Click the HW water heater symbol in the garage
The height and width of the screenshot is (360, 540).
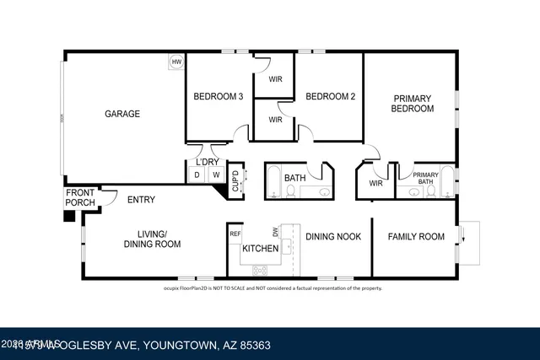click(176, 62)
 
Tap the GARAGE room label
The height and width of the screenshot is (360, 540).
click(122, 114)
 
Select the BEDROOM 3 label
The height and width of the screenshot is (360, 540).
click(219, 96)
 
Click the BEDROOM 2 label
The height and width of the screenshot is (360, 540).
click(330, 96)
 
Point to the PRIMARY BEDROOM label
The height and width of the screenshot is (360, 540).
click(413, 104)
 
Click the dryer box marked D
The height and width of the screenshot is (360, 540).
click(197, 175)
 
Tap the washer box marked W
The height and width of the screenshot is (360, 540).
click(215, 175)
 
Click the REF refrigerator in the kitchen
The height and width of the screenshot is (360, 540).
click(235, 234)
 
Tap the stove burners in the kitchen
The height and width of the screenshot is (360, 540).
click(260, 270)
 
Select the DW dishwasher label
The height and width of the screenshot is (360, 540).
click(274, 231)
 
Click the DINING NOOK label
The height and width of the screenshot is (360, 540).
click(333, 237)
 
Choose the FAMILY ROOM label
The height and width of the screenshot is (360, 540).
click(416, 237)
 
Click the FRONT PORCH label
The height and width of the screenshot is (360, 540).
click(80, 198)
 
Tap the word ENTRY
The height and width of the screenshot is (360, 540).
click(141, 201)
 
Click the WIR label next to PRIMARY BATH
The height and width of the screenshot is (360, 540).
click(376, 183)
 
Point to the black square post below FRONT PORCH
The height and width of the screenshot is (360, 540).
click(69, 215)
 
